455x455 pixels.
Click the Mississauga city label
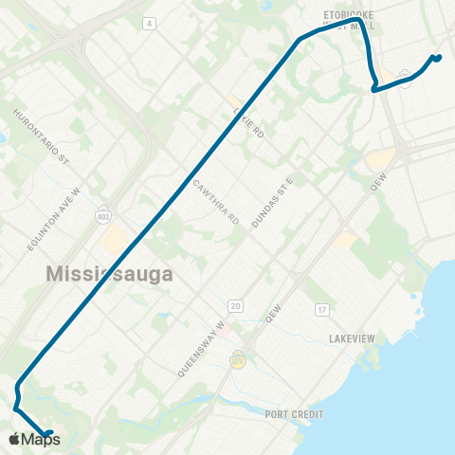pyautogui.click(x=111, y=275)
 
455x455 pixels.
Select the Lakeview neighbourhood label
pyautogui.click(x=355, y=338)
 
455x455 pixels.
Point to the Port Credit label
pyautogui.click(x=295, y=414)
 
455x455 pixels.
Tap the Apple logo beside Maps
pyautogui.click(x=14, y=440)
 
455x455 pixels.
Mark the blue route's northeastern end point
pyautogui.click(x=437, y=59)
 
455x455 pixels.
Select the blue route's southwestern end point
pyautogui.click(x=49, y=434)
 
